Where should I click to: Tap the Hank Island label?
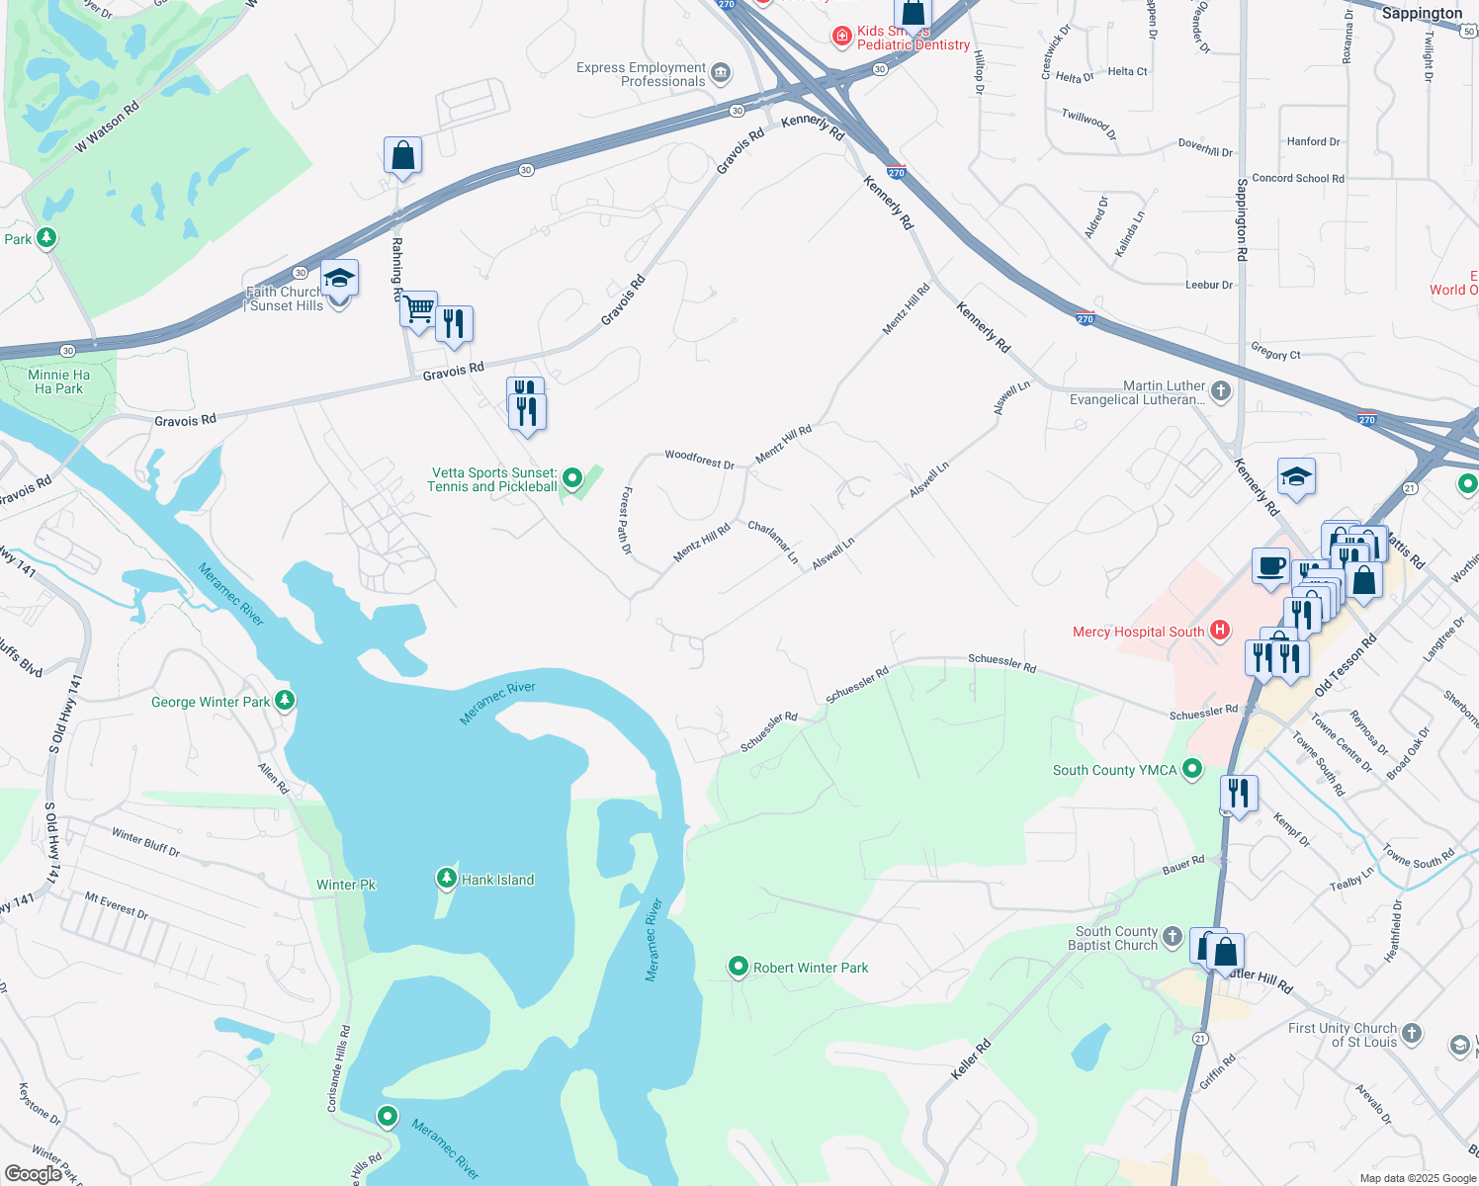pyautogui.click(x=497, y=880)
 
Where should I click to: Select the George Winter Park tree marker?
pyautogui.click(x=285, y=701)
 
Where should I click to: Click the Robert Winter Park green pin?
pyautogui.click(x=738, y=967)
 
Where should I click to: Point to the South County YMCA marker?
pyautogui.click(x=1192, y=768)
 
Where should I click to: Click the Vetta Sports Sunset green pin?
pyautogui.click(x=571, y=479)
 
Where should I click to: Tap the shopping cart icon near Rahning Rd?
pyautogui.click(x=418, y=308)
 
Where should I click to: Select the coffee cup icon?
pyautogui.click(x=1270, y=566)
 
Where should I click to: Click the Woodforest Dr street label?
pyautogui.click(x=699, y=459)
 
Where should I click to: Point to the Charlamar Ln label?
pyautogui.click(x=773, y=542)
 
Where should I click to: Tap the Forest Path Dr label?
pyautogui.click(x=626, y=521)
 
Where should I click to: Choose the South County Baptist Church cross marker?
pyautogui.click(x=1173, y=936)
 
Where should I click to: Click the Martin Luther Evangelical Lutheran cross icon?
pyautogui.click(x=1221, y=391)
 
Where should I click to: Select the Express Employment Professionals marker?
pyautogui.click(x=721, y=72)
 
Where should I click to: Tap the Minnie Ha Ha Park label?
pyautogui.click(x=59, y=381)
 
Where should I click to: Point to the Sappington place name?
pyautogui.click(x=1421, y=13)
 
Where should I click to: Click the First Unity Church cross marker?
pyautogui.click(x=1412, y=1033)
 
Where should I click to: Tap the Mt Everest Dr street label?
pyautogui.click(x=116, y=905)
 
